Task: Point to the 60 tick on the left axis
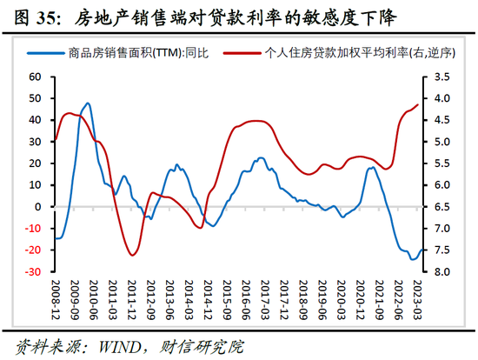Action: pos(36,77)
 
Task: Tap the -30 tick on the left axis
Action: pos(34,272)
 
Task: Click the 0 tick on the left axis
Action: pos(39,207)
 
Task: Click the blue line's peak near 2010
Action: pos(88,103)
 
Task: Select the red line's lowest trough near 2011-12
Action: pos(132,255)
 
